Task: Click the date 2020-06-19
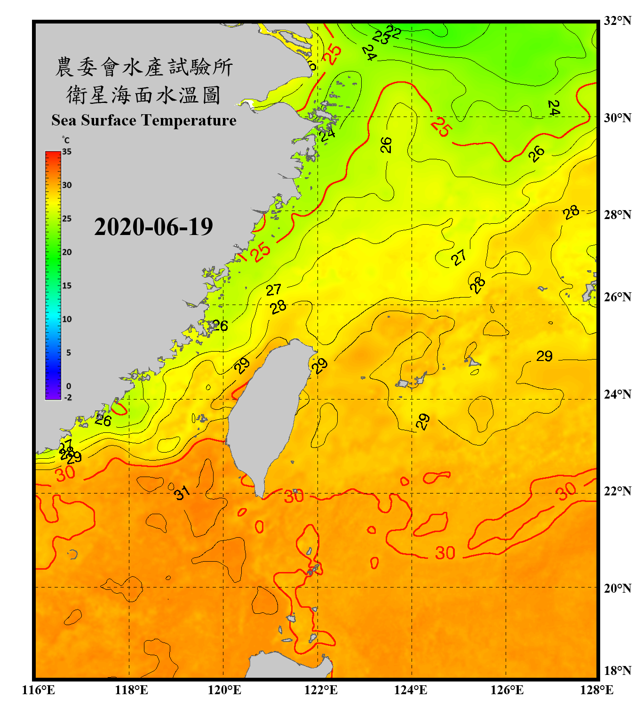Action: (x=153, y=227)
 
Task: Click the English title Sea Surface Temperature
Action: (x=144, y=120)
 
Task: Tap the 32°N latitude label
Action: (x=617, y=21)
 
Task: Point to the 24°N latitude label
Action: (x=617, y=394)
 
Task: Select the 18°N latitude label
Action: (x=617, y=671)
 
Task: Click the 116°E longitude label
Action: (x=39, y=690)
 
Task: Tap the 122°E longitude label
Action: (x=321, y=690)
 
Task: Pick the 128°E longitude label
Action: (x=596, y=690)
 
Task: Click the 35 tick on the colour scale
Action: (x=67, y=151)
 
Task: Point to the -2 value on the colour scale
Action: (x=68, y=398)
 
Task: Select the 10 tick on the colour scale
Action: (x=67, y=319)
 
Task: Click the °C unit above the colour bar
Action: (x=66, y=140)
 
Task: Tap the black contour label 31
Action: (x=182, y=493)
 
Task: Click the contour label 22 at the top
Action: (x=393, y=31)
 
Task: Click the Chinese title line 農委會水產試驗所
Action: (x=144, y=67)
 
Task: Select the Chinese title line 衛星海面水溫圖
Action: (x=144, y=95)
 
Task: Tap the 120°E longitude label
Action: (x=224, y=690)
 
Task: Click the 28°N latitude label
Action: (x=617, y=215)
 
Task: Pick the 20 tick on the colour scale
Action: (x=67, y=252)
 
